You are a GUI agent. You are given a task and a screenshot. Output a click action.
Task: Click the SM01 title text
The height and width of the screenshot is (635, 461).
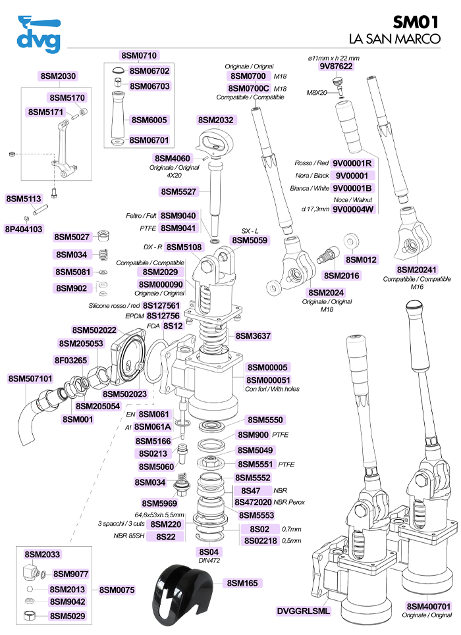pyautogui.click(x=416, y=22)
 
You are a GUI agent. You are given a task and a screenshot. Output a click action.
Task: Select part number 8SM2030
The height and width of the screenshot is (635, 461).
pyautogui.click(x=58, y=76)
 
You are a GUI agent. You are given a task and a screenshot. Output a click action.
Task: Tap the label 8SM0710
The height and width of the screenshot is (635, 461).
pyautogui.click(x=139, y=55)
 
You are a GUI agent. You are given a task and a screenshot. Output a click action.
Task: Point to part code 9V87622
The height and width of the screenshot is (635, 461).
pyautogui.click(x=336, y=66)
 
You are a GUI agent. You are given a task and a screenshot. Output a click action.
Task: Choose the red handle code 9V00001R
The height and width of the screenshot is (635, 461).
pyautogui.click(x=352, y=163)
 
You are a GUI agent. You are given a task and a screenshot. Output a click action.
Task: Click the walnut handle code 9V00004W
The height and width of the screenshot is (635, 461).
pyautogui.click(x=353, y=209)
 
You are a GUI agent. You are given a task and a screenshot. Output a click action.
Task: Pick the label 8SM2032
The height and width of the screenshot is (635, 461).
pyautogui.click(x=216, y=120)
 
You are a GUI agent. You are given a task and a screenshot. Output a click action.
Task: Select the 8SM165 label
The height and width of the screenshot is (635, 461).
pyautogui.click(x=242, y=583)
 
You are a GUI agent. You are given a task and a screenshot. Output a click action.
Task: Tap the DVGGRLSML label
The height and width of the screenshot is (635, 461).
pyautogui.click(x=304, y=611)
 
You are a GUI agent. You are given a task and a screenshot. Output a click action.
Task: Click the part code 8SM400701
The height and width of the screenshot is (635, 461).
pyautogui.click(x=429, y=606)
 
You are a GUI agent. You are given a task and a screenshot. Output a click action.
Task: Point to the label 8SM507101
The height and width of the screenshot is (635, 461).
pyautogui.click(x=30, y=378)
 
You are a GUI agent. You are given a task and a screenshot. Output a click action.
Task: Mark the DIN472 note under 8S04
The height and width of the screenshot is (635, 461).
pyautogui.click(x=209, y=561)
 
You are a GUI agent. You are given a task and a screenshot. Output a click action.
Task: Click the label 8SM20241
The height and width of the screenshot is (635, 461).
pyautogui.click(x=416, y=270)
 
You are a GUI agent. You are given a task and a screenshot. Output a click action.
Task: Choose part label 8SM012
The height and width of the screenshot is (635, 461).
pyautogui.click(x=361, y=259)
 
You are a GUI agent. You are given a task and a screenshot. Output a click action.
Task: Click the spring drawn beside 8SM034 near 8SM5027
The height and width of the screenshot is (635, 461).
pyautogui.click(x=103, y=254)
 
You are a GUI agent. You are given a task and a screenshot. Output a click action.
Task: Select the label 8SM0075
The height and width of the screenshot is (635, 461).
pyautogui.click(x=117, y=590)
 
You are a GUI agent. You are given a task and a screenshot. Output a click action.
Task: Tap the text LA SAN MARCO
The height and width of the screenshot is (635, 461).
pyautogui.click(x=394, y=39)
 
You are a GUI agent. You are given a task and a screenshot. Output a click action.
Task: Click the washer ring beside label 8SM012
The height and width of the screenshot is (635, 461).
pyautogui.click(x=349, y=241)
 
